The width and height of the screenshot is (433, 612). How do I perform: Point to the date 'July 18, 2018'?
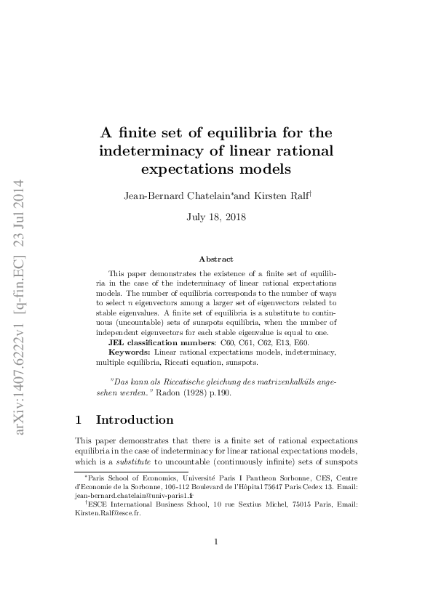pyautogui.click(x=216, y=217)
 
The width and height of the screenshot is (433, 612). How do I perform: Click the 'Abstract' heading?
pyautogui.click(x=216, y=259)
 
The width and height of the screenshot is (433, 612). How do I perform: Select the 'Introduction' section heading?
pyautogui.click(x=135, y=420)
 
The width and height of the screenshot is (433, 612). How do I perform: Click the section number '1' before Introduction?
pyautogui.click(x=79, y=420)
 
